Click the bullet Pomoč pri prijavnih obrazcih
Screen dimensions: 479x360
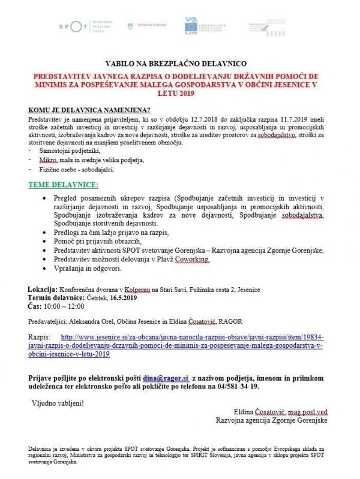pos(99,241)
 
